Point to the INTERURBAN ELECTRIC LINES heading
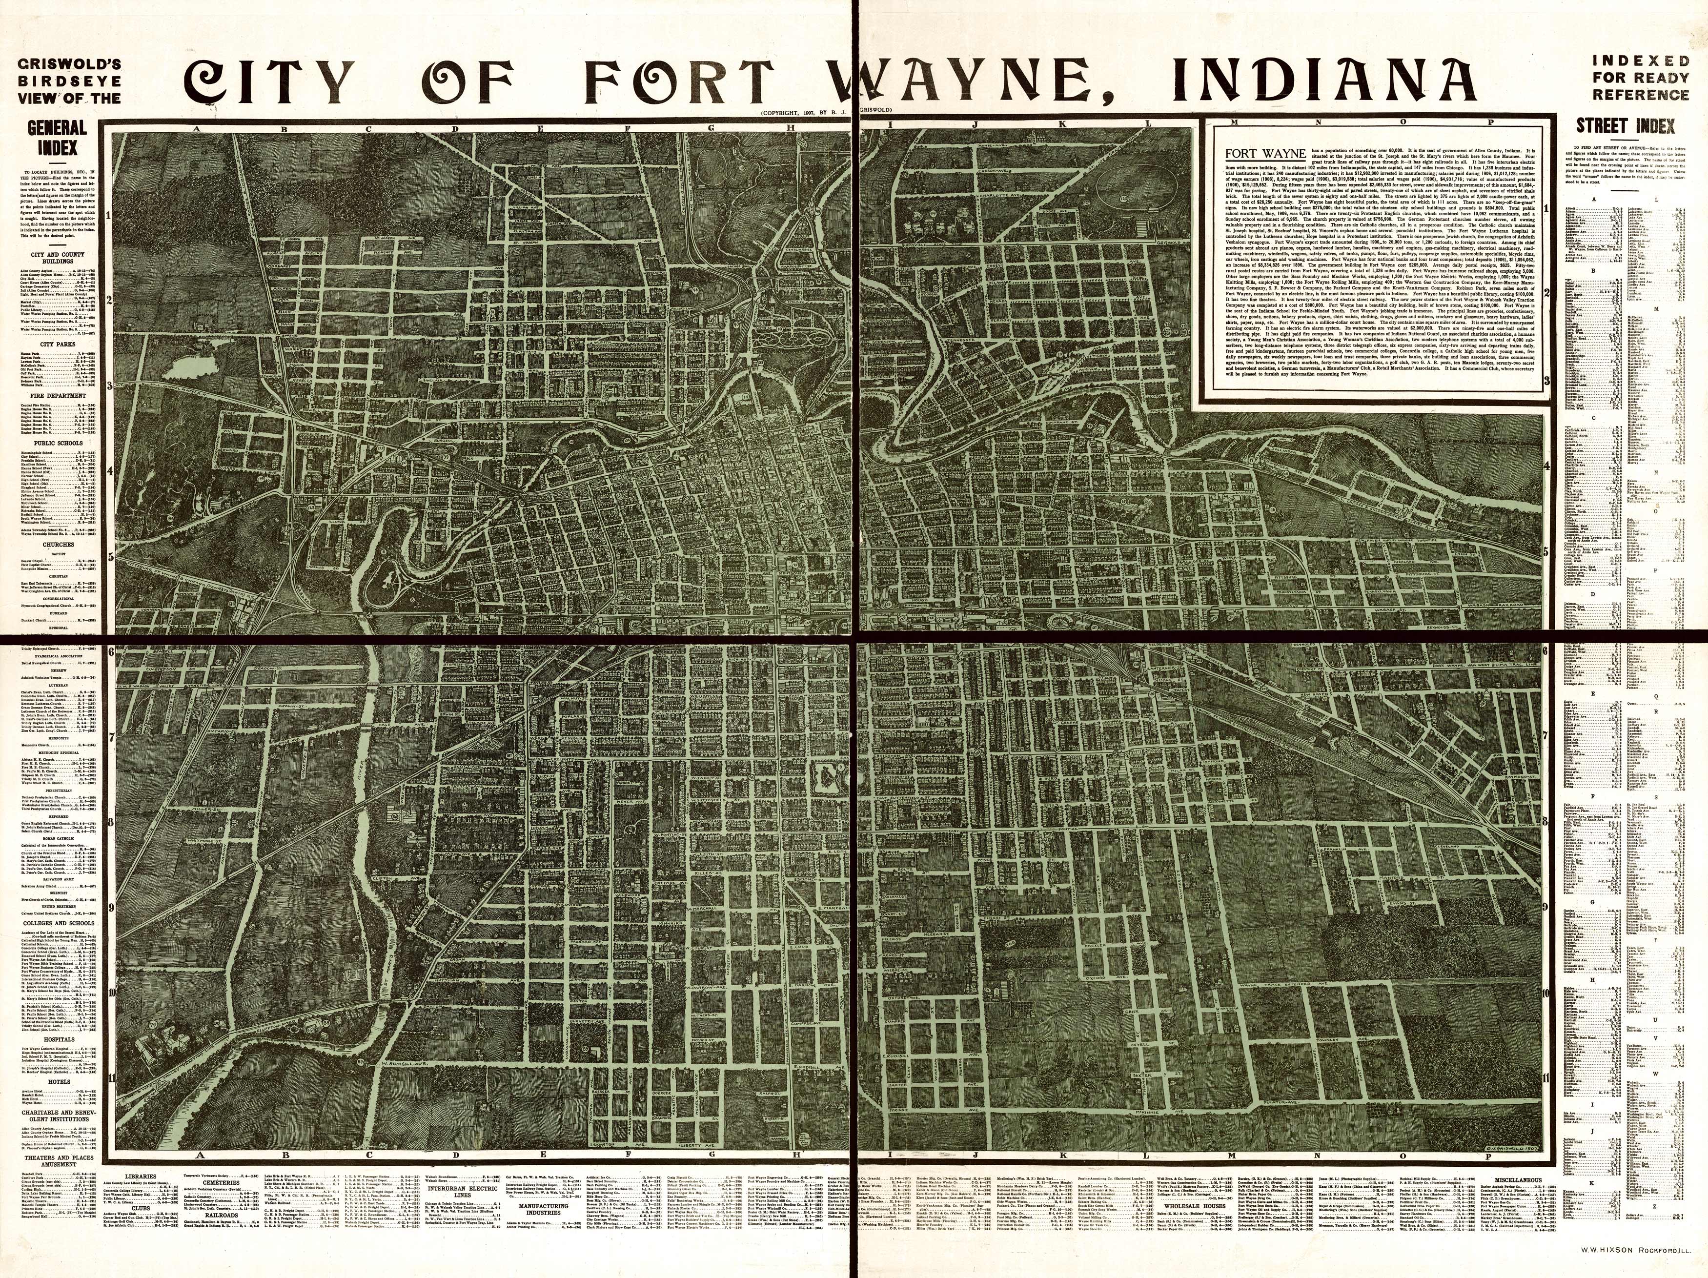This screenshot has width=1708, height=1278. pyautogui.click(x=456, y=1192)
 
